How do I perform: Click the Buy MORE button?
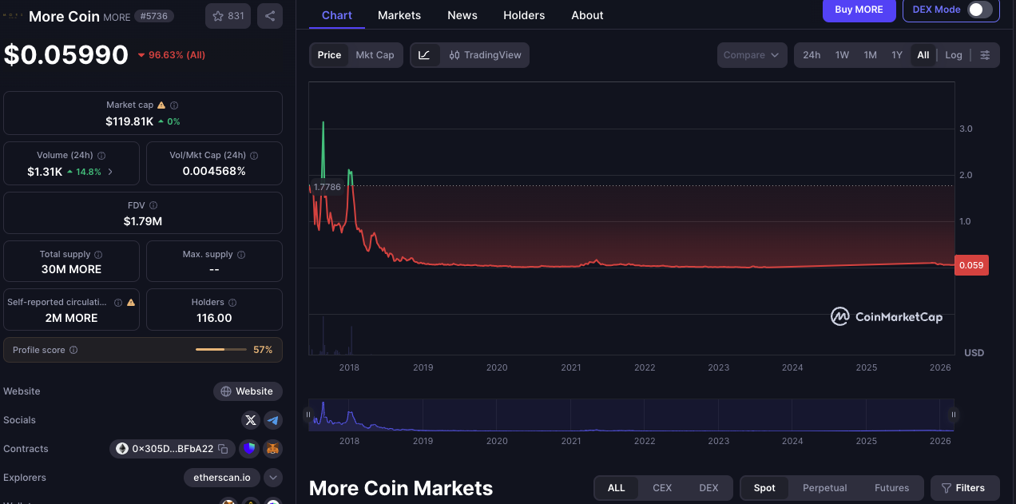pyautogui.click(x=859, y=10)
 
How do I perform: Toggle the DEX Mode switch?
pyautogui.click(x=979, y=10)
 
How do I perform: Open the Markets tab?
pyautogui.click(x=399, y=15)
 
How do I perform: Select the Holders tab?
pyautogui.click(x=524, y=15)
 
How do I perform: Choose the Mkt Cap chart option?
pyautogui.click(x=375, y=55)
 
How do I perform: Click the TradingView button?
pyautogui.click(x=485, y=55)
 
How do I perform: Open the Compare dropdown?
pyautogui.click(x=752, y=55)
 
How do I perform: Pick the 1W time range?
pyautogui.click(x=842, y=55)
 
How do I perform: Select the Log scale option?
pyautogui.click(x=954, y=55)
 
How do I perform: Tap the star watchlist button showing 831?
pyautogui.click(x=228, y=16)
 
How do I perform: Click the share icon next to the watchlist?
pyautogui.click(x=270, y=16)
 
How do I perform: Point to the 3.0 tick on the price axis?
pyautogui.click(x=966, y=129)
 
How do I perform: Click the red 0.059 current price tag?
pyautogui.click(x=971, y=265)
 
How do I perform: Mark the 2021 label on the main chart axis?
pyautogui.click(x=571, y=367)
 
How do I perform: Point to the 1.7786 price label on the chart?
pyautogui.click(x=327, y=187)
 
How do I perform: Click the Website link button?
pyautogui.click(x=248, y=391)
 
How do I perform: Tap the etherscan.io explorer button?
pyautogui.click(x=222, y=478)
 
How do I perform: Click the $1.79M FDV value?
pyautogui.click(x=143, y=221)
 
